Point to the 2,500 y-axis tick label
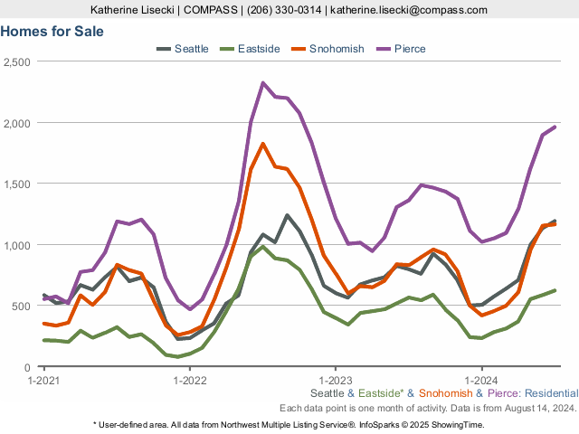click(x=17, y=61)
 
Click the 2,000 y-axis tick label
click(x=17, y=123)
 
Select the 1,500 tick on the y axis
click(x=17, y=184)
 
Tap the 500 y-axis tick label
click(x=22, y=307)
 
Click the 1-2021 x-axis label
click(x=43, y=381)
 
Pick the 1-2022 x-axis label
click(x=189, y=381)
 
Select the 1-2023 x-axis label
click(x=335, y=381)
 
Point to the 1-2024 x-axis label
click(x=480, y=381)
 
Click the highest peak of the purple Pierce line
click(x=262, y=83)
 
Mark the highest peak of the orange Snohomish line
click(x=262, y=144)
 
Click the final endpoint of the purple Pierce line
click(x=555, y=127)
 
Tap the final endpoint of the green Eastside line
click(x=555, y=290)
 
